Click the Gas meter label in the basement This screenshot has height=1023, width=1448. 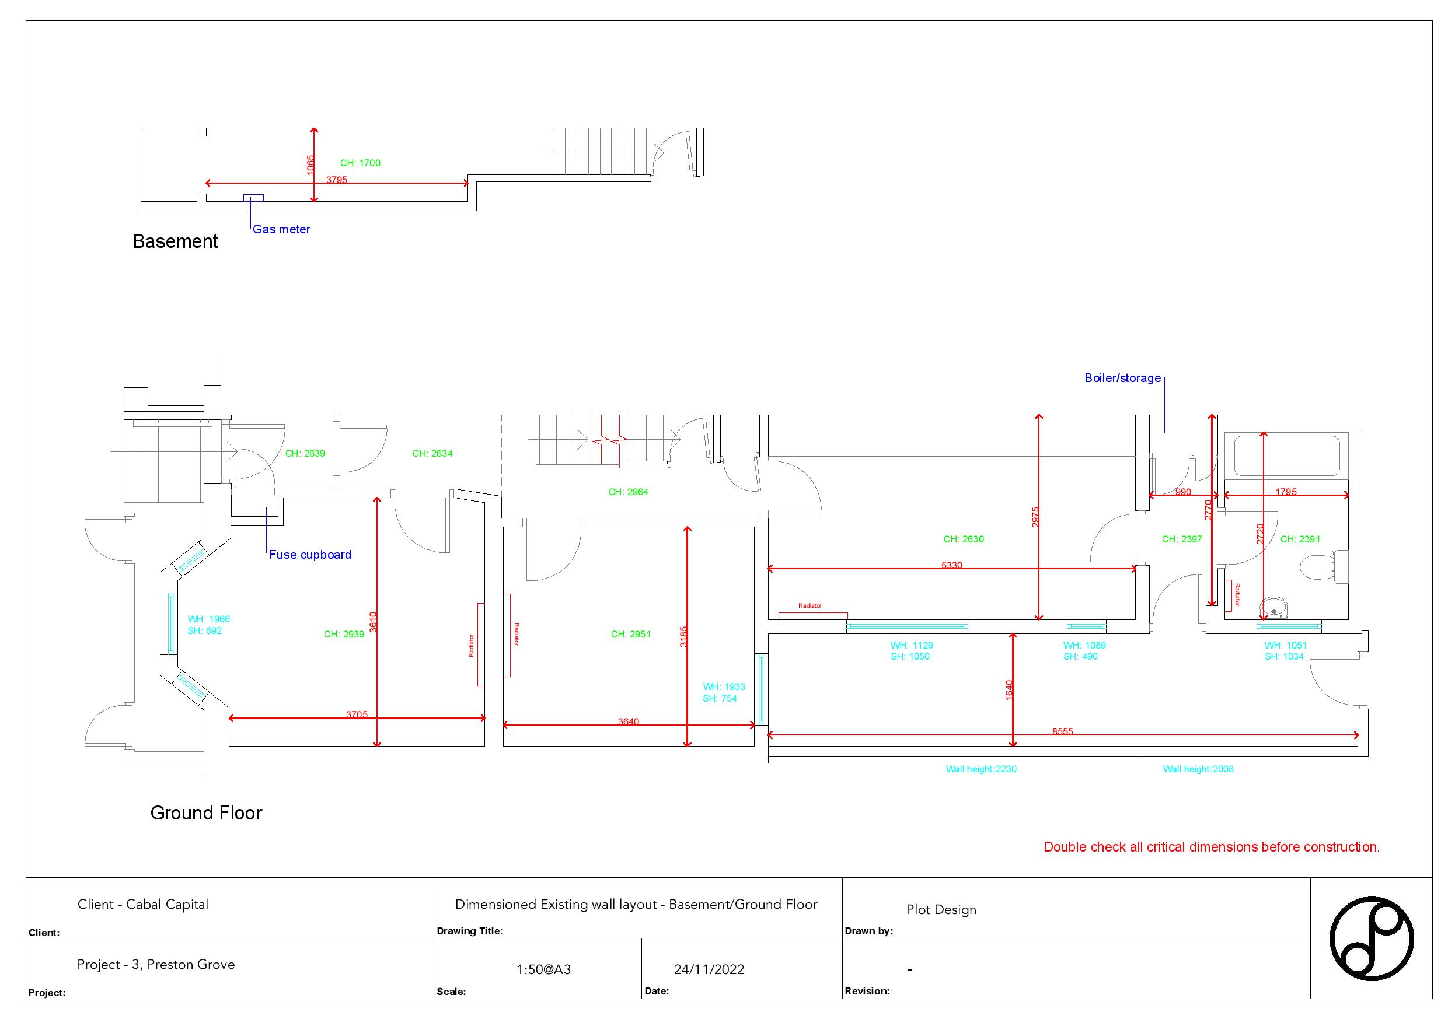click(281, 229)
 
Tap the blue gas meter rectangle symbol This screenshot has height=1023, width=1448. click(253, 198)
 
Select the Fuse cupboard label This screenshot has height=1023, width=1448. click(310, 555)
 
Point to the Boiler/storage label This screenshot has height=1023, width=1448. click(1122, 378)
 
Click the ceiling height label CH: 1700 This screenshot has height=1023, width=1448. click(360, 163)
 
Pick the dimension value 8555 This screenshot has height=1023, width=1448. click(1062, 732)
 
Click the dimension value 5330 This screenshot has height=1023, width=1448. click(952, 565)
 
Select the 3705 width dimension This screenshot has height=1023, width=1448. click(357, 715)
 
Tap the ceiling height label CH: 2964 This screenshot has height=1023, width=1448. click(628, 492)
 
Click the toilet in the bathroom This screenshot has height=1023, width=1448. click(1320, 565)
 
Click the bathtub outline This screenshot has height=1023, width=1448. click(1286, 456)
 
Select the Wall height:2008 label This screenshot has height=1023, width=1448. click(1198, 769)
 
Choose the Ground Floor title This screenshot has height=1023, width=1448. click(206, 813)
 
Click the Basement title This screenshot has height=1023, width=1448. click(175, 241)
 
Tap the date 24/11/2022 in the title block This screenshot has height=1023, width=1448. click(709, 969)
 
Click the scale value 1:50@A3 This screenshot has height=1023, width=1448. click(543, 969)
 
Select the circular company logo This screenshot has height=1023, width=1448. click(1371, 938)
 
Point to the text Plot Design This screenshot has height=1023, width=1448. click(941, 909)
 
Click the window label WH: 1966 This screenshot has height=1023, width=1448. click(209, 619)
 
